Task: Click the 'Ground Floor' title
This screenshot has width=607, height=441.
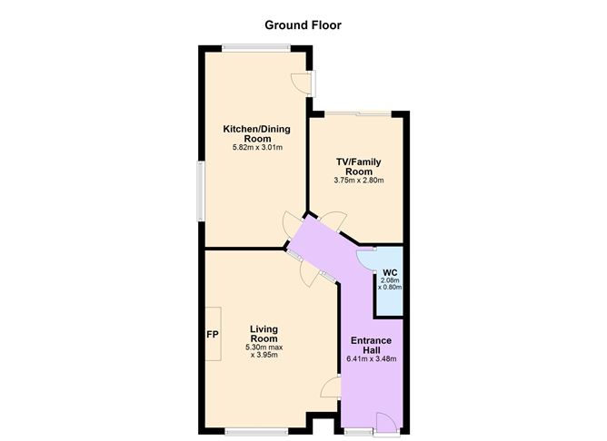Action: click(x=303, y=24)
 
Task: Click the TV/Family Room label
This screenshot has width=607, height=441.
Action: click(x=359, y=166)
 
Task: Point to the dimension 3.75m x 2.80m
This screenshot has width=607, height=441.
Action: click(x=359, y=180)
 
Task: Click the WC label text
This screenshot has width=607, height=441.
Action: click(x=390, y=272)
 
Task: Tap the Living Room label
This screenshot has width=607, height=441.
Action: click(x=264, y=332)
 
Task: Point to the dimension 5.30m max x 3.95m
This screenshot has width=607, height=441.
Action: click(x=264, y=350)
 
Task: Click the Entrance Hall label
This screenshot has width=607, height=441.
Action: click(x=371, y=347)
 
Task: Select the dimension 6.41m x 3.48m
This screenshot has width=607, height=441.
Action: click(x=371, y=359)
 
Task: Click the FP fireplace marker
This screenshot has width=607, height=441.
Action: click(x=212, y=334)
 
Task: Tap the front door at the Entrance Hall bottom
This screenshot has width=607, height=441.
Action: click(x=384, y=422)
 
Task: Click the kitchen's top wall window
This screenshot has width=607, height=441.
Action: click(x=255, y=47)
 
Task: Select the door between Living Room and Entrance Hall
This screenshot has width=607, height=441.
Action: click(x=331, y=388)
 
